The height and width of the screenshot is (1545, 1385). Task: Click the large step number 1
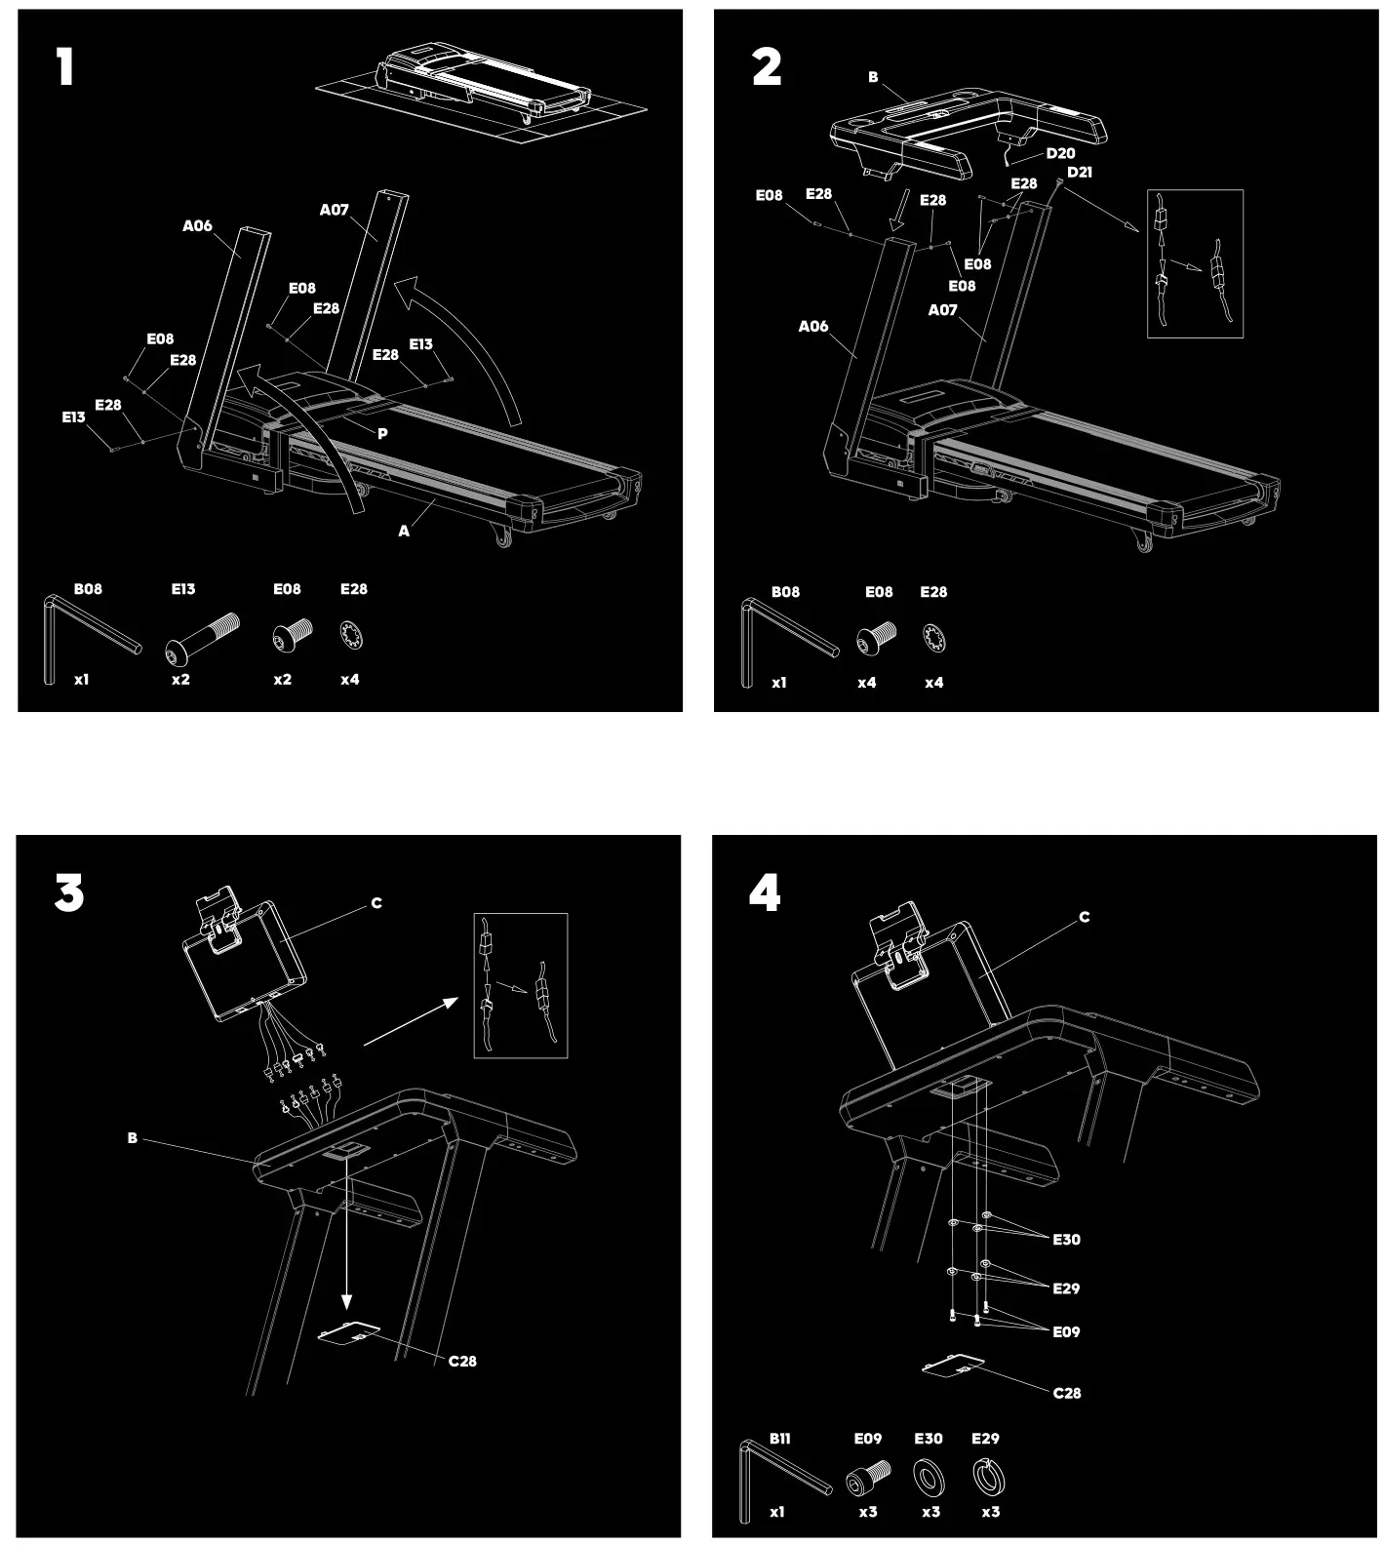(64, 67)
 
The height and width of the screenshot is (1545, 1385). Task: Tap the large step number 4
(765, 892)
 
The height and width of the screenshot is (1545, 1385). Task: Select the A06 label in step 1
(197, 226)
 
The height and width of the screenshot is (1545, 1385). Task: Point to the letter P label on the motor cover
(382, 434)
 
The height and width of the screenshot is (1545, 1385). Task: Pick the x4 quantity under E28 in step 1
(349, 680)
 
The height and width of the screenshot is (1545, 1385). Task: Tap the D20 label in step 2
(1060, 154)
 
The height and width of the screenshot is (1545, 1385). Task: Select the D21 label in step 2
(1079, 173)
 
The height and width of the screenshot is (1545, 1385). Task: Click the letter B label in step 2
(873, 77)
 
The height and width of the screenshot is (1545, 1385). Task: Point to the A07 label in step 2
(942, 310)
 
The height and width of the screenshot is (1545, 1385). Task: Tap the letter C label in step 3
(376, 903)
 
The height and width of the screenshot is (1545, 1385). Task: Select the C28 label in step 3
(462, 1361)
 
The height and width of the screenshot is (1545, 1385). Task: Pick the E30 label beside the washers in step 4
(1066, 1240)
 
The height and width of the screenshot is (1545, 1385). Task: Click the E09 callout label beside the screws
(1066, 1331)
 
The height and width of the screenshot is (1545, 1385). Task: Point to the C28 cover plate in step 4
(953, 1366)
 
